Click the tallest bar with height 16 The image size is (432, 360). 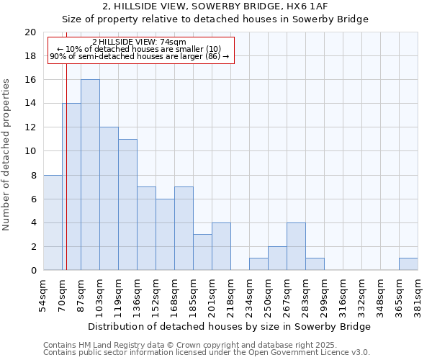90,175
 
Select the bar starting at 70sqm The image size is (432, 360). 71,186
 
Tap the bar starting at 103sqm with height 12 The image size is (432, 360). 109,199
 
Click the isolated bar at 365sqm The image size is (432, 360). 408,264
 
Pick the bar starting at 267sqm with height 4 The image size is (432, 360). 296,246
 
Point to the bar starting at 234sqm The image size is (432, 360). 258,264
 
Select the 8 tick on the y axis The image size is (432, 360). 32,175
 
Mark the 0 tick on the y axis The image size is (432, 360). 32,270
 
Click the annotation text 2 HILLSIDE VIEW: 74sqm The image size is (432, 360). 139,42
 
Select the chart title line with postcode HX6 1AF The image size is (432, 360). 215,6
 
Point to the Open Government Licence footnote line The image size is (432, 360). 206,353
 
